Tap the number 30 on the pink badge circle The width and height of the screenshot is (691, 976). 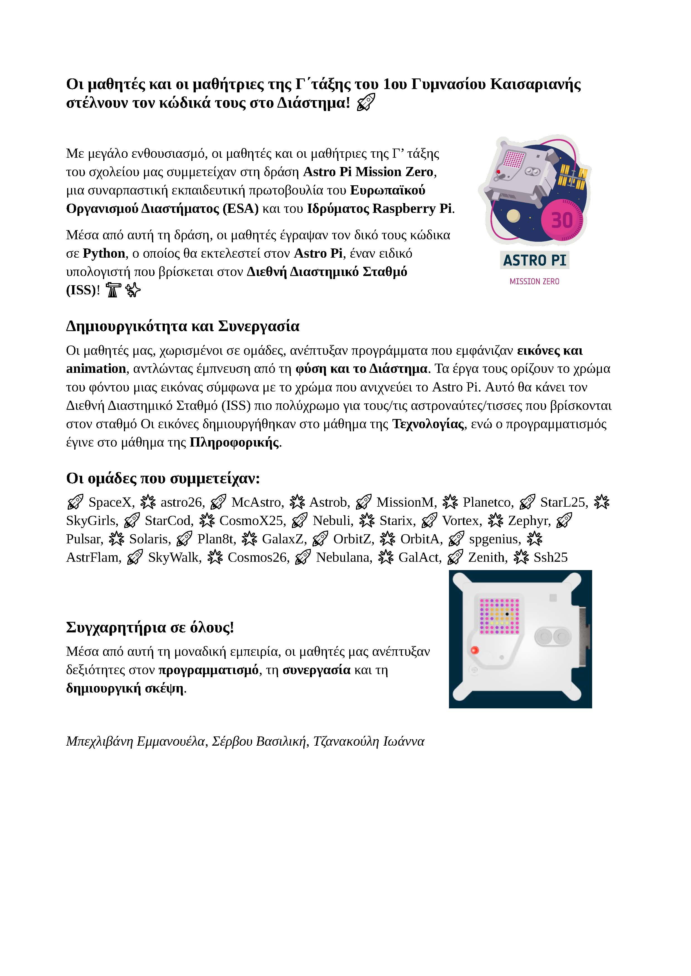coord(562,220)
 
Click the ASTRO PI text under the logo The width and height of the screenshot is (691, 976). coord(534,260)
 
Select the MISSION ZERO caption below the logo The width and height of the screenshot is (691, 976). coord(534,281)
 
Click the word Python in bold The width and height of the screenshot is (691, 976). coord(104,253)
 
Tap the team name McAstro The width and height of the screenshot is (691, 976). coord(257,502)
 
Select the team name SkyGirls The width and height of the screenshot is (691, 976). coord(91,521)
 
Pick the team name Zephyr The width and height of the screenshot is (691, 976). coord(529,521)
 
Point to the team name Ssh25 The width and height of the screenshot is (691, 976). coord(551,557)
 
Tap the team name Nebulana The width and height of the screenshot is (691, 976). coord(344,557)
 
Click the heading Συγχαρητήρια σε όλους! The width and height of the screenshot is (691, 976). coord(150,627)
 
